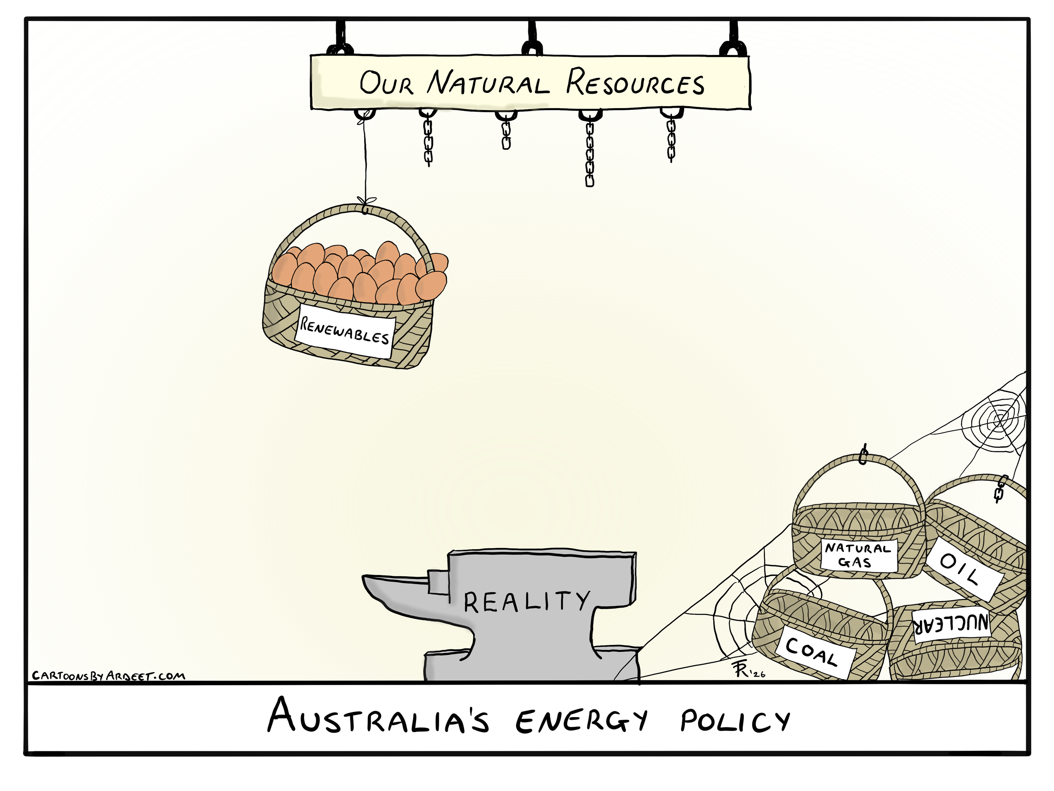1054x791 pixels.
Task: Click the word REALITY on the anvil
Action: [x=527, y=602]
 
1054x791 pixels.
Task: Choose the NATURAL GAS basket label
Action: [x=858, y=556]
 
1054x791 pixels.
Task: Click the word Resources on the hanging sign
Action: [x=635, y=83]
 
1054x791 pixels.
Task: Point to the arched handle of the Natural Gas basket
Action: [x=858, y=470]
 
